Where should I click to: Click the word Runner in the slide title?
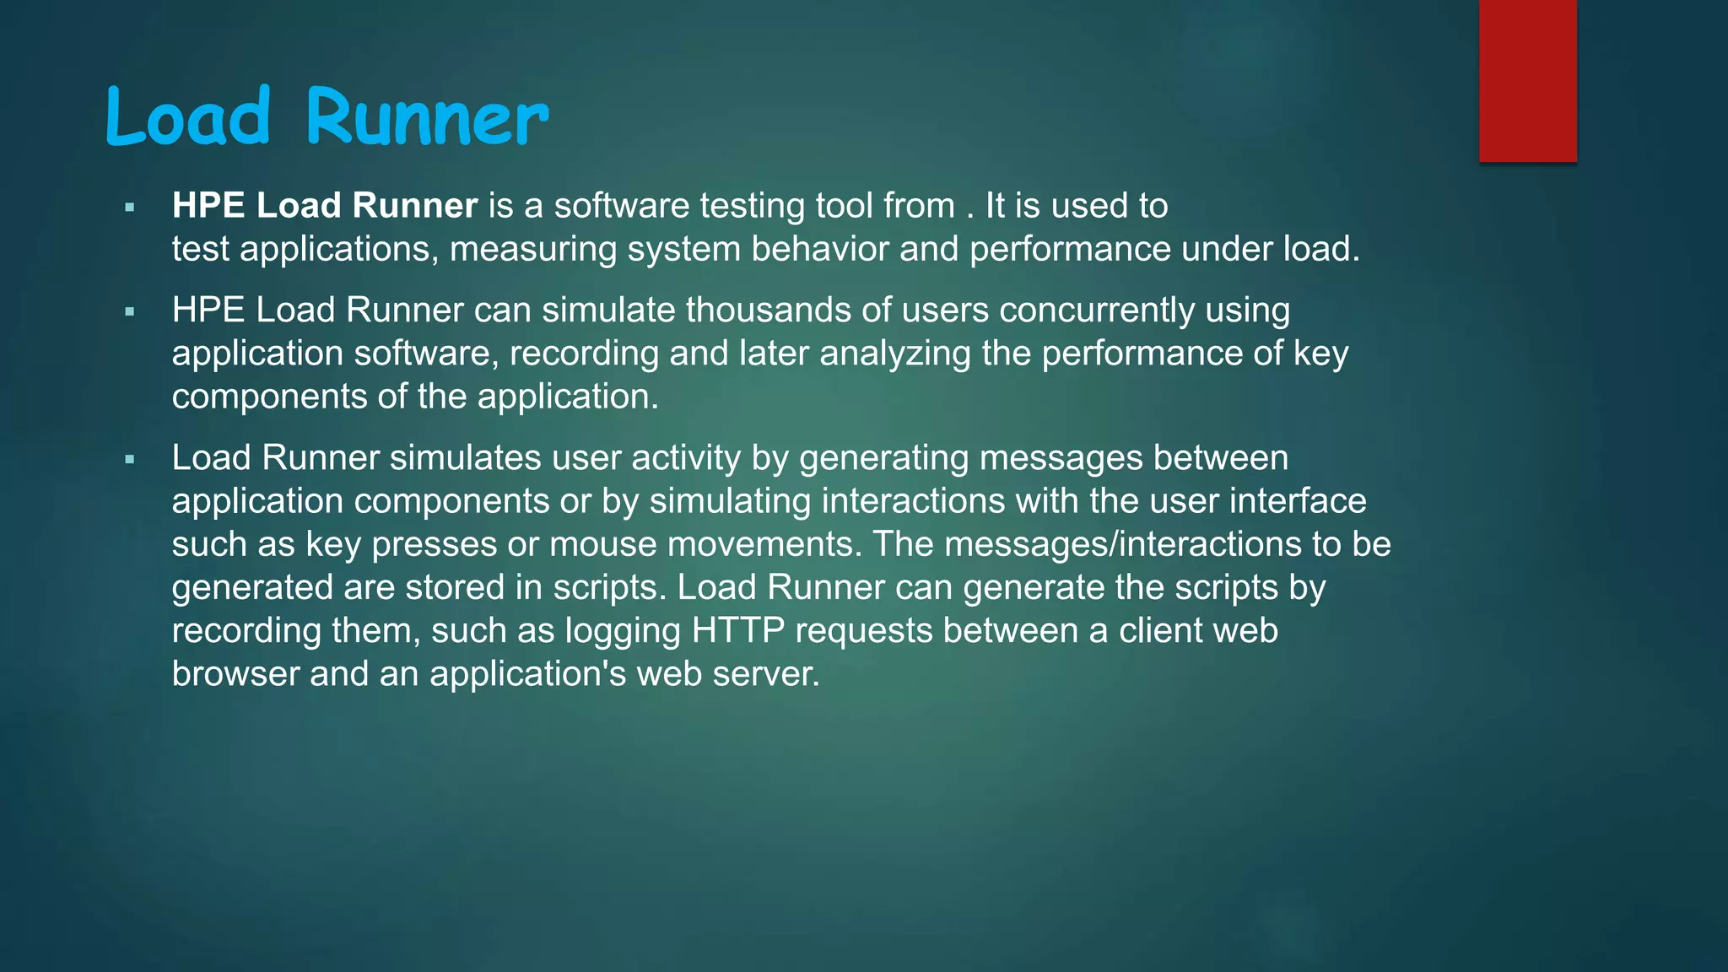427,118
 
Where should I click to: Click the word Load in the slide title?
188,118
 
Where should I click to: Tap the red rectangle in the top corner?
1527,80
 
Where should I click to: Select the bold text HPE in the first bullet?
208,206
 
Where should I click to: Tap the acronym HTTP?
738,631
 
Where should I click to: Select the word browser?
235,674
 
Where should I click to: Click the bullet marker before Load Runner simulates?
129,460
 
